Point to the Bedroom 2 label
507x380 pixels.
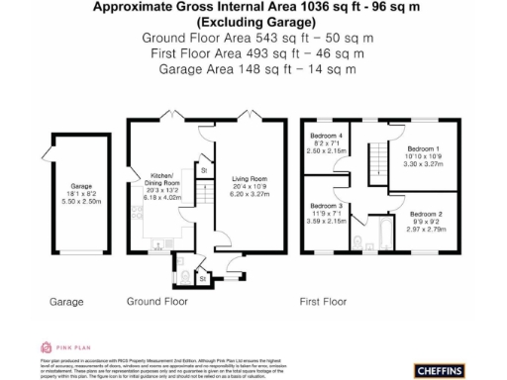point(429,214)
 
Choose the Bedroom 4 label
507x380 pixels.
point(327,136)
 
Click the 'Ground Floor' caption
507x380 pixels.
point(157,300)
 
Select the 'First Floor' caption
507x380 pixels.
point(326,300)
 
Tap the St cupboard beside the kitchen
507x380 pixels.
point(203,170)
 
